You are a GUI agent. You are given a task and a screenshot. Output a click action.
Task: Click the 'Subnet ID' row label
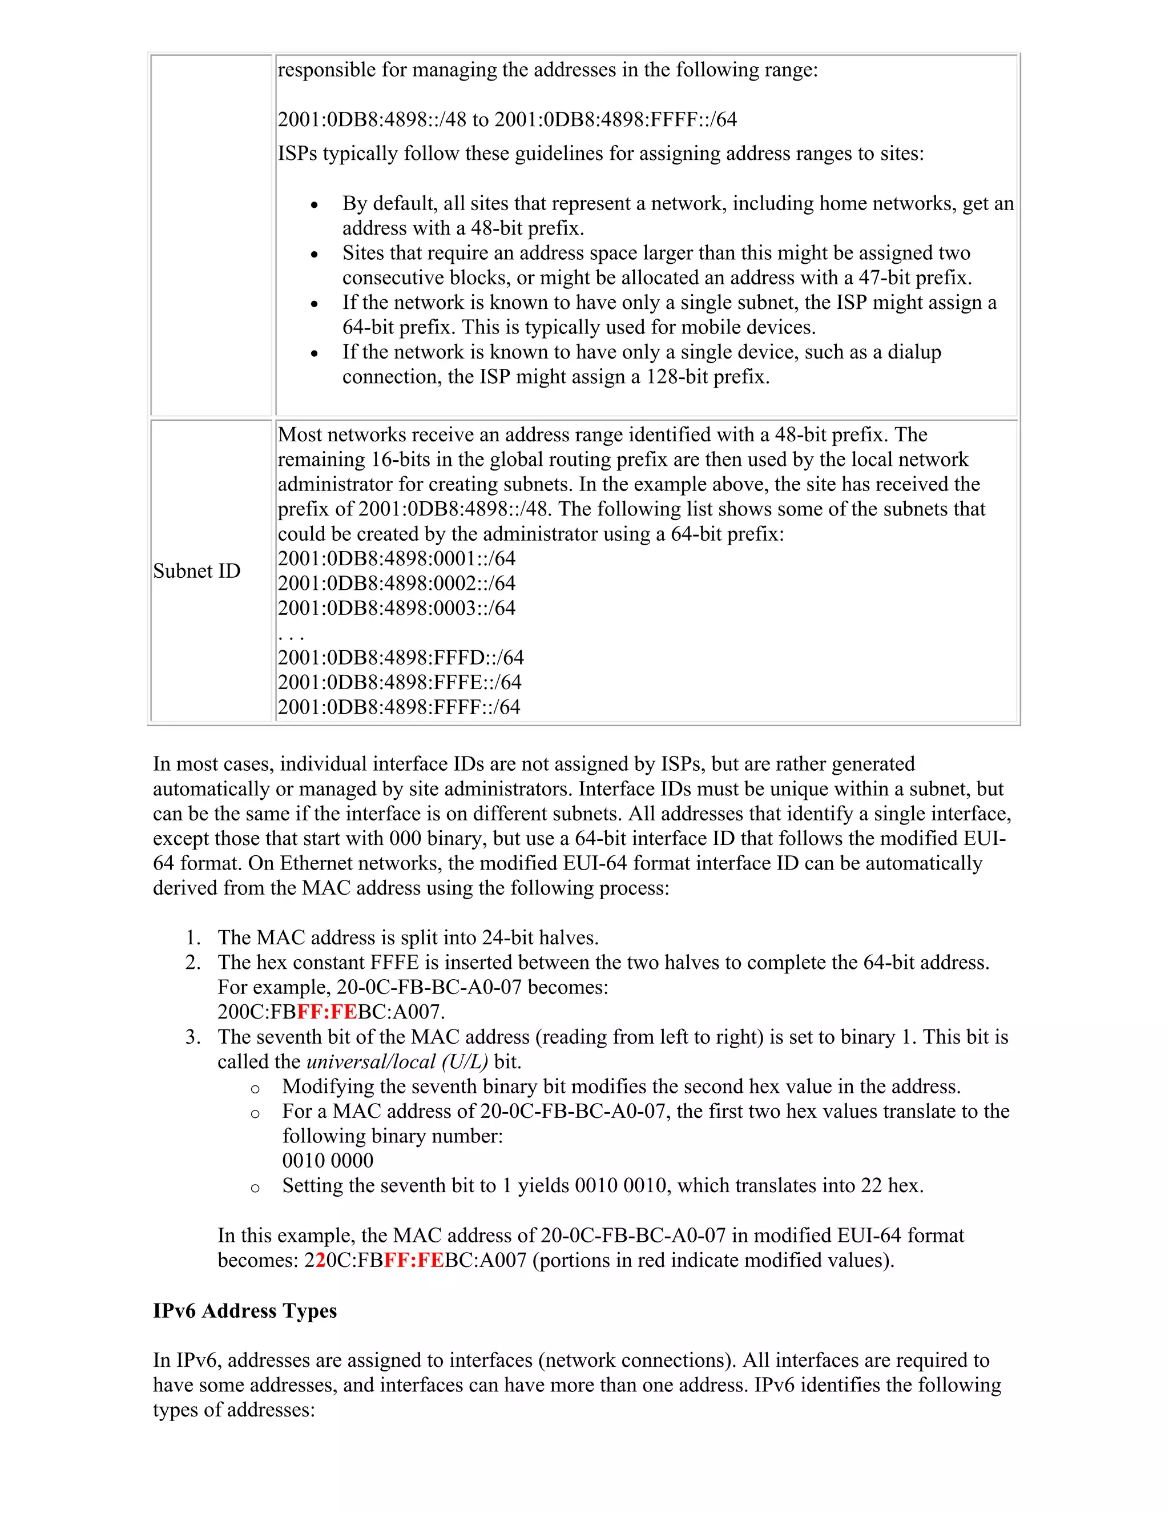(x=197, y=571)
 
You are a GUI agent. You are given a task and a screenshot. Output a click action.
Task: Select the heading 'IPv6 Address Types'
(x=244, y=1311)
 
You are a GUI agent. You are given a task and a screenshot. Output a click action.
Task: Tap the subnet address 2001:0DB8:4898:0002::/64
(x=396, y=584)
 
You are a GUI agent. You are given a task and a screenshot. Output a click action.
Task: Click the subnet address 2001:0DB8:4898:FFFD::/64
(x=400, y=657)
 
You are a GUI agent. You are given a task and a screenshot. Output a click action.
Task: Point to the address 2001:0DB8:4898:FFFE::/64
(x=399, y=682)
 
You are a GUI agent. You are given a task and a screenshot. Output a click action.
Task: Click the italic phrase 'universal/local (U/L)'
(x=397, y=1062)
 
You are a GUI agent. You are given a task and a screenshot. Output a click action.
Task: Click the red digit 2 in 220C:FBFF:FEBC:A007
(x=321, y=1260)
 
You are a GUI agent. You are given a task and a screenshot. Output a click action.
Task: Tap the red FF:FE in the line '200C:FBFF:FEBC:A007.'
(x=327, y=1012)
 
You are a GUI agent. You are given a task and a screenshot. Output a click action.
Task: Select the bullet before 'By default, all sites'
(x=315, y=205)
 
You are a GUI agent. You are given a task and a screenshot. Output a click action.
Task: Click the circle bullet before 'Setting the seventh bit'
(x=255, y=1188)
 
